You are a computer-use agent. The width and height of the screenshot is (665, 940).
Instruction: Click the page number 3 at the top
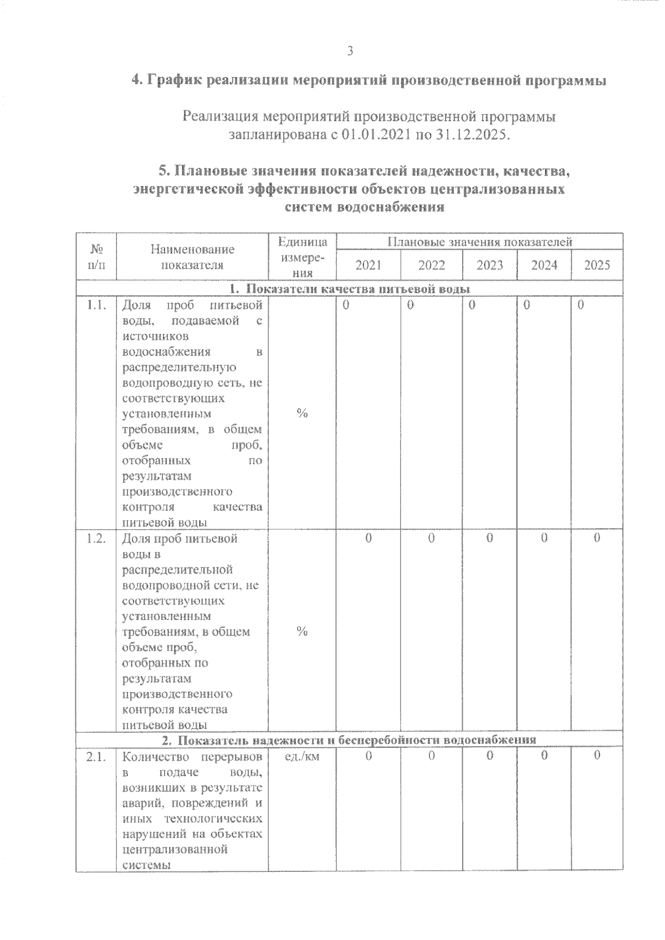click(350, 51)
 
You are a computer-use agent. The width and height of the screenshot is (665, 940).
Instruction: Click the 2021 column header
click(368, 265)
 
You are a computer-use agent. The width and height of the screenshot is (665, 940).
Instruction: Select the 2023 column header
click(489, 265)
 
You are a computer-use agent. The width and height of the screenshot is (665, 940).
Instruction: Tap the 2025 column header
click(597, 265)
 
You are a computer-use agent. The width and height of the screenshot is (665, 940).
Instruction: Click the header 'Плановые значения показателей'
click(479, 242)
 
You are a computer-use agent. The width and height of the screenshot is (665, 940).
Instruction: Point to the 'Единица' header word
click(303, 242)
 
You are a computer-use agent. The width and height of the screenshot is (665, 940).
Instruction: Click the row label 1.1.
click(96, 305)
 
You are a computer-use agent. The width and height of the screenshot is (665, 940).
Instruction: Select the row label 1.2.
click(96, 538)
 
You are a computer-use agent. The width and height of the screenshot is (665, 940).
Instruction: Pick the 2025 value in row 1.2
click(597, 538)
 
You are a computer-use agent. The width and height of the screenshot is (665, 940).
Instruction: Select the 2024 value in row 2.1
click(544, 756)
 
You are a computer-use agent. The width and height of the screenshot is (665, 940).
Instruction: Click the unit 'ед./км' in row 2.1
click(302, 756)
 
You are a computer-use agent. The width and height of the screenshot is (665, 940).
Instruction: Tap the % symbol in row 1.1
click(302, 414)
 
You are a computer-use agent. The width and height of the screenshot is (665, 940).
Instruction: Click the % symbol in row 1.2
click(302, 632)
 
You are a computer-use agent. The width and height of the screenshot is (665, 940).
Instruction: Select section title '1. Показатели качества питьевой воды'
click(349, 289)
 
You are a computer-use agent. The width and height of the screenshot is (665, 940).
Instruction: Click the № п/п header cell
click(96, 257)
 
